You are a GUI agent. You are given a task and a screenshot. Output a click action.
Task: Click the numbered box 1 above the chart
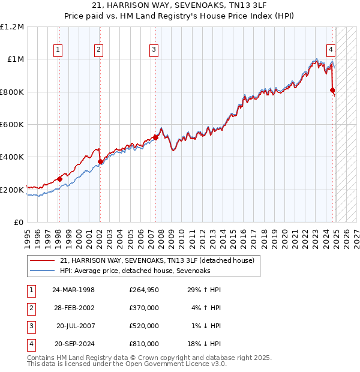[58, 50]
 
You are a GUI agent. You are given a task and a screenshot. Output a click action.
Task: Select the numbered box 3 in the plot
[154, 50]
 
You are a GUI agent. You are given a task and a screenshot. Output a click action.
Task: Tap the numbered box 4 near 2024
[331, 50]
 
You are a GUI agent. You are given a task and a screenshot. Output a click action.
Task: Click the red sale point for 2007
[155, 137]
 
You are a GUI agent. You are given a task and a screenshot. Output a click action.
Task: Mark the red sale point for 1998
[59, 179]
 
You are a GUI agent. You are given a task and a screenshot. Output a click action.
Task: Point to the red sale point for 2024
[333, 91]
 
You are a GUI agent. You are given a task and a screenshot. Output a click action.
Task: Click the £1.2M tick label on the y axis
[13, 27]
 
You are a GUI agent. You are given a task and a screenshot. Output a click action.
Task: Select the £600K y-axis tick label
[13, 125]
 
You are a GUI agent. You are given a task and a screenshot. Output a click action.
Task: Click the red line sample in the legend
[42, 261]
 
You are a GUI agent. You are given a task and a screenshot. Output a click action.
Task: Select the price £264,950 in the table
[144, 290]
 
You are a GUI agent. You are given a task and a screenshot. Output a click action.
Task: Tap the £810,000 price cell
[144, 344]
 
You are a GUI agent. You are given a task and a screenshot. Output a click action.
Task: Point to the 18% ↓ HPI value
[205, 344]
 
